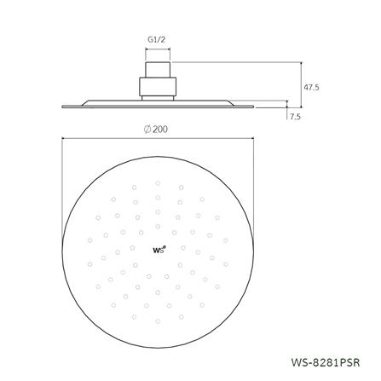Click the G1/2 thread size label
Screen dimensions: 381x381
pos(158,38)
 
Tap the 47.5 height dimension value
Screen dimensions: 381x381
pos(312,86)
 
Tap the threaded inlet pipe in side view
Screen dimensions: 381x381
pos(158,69)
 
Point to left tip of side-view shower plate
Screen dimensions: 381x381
pos(64,106)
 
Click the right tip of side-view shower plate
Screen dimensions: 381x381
pos(253,106)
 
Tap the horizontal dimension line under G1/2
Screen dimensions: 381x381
pos(158,50)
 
